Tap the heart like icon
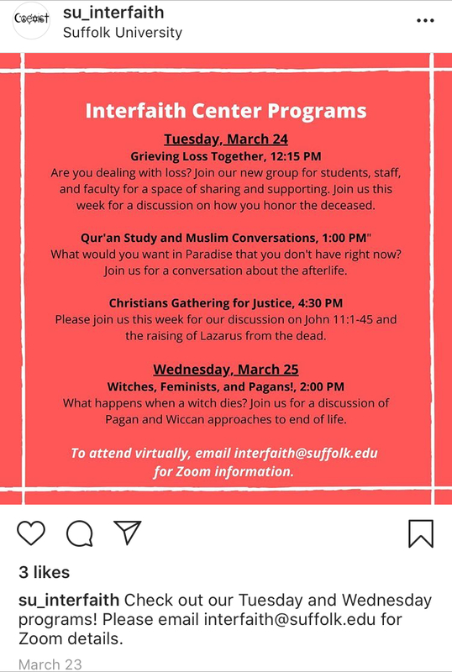coord(31,533)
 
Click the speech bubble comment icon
coord(79,533)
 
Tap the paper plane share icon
coord(127,532)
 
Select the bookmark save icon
coord(421,533)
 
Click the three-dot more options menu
coord(426,20)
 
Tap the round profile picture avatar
coord(30,20)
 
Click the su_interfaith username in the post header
coord(113,13)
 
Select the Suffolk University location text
coord(123,33)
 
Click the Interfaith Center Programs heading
coord(226,111)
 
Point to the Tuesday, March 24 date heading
coord(226,139)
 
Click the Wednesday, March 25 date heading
coord(226,370)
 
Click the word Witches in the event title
coord(131,386)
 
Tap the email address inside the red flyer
coord(307,453)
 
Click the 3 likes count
coord(44,572)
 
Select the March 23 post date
coord(50,664)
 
